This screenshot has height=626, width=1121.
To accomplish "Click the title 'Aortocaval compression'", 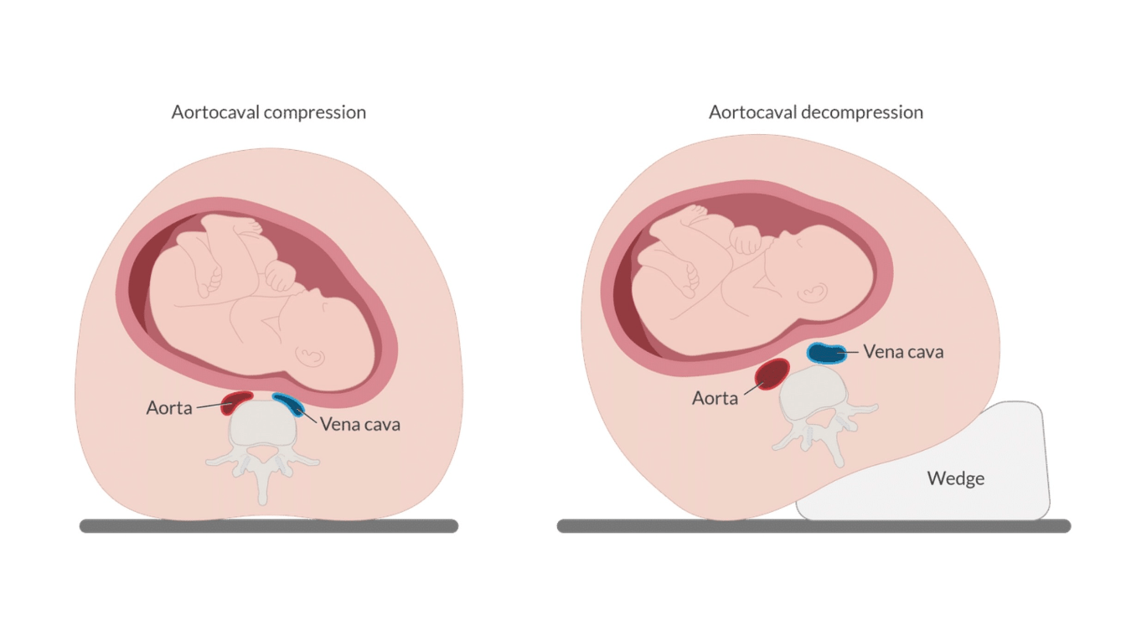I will click(x=268, y=112).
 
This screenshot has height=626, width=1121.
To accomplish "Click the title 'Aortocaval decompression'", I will click(x=815, y=112).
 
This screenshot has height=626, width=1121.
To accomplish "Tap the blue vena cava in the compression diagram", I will click(x=291, y=404).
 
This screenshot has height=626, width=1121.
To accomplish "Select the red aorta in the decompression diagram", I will click(x=772, y=374).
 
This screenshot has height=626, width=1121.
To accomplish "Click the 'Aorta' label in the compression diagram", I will click(x=169, y=408).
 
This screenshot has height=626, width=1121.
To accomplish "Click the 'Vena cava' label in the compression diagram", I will click(x=359, y=424).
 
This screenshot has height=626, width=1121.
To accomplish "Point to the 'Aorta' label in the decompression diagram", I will click(x=715, y=398).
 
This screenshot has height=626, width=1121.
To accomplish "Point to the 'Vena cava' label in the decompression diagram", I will click(x=903, y=352).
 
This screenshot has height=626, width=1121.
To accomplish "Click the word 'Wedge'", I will click(x=955, y=479).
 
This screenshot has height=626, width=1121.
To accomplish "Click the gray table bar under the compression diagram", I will click(x=268, y=526).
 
